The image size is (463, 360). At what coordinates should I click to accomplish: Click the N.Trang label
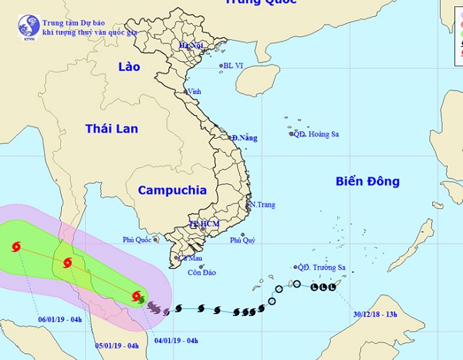pos(262,204)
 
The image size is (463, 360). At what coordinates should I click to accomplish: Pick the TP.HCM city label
pos(204,225)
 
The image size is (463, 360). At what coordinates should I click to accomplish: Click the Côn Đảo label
pos(200,271)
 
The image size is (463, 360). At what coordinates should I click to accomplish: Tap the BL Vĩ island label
pos(233,66)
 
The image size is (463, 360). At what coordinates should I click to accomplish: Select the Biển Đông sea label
pos(367,182)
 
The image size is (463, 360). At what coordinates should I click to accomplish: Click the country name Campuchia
pos(172,190)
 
